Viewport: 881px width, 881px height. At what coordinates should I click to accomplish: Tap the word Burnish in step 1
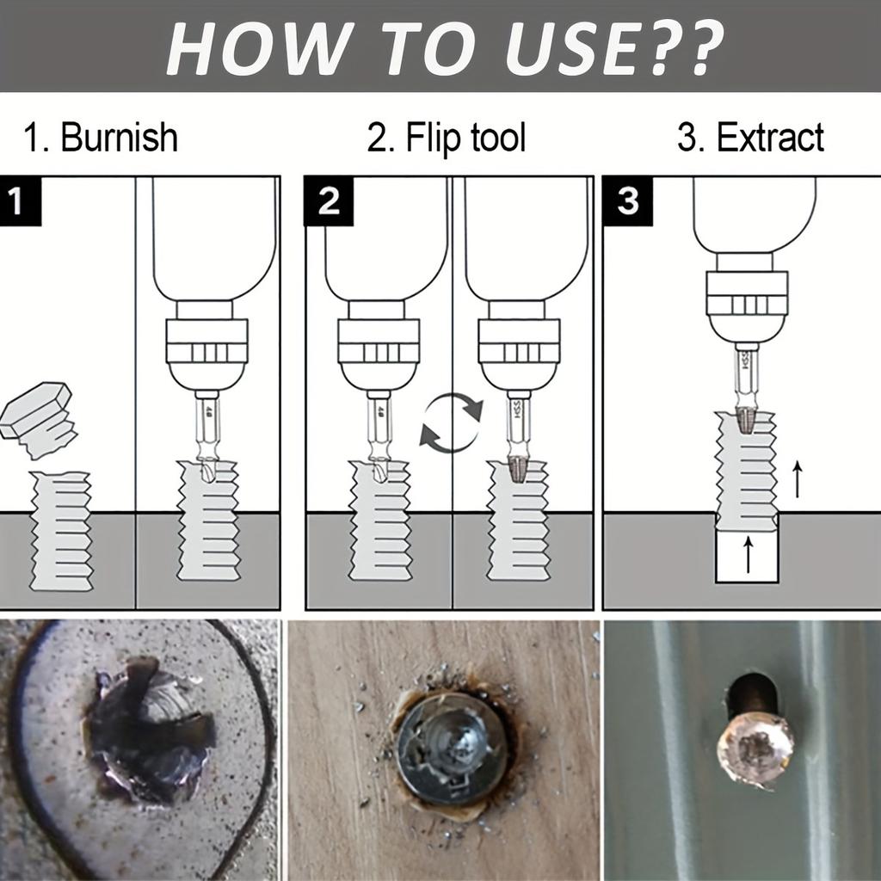point(119,138)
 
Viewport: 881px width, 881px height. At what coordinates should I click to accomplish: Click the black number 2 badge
point(328,202)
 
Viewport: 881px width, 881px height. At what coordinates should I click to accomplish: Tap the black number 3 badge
point(627,202)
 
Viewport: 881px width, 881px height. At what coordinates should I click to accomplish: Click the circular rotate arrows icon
point(451,421)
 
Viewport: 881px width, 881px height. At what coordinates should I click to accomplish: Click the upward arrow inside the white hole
point(747,555)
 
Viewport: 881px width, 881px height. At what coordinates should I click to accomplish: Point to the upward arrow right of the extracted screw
point(798,479)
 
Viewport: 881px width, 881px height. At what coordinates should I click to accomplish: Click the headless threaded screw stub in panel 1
point(61,530)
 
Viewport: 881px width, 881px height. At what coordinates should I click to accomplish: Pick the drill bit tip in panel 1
point(206,469)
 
